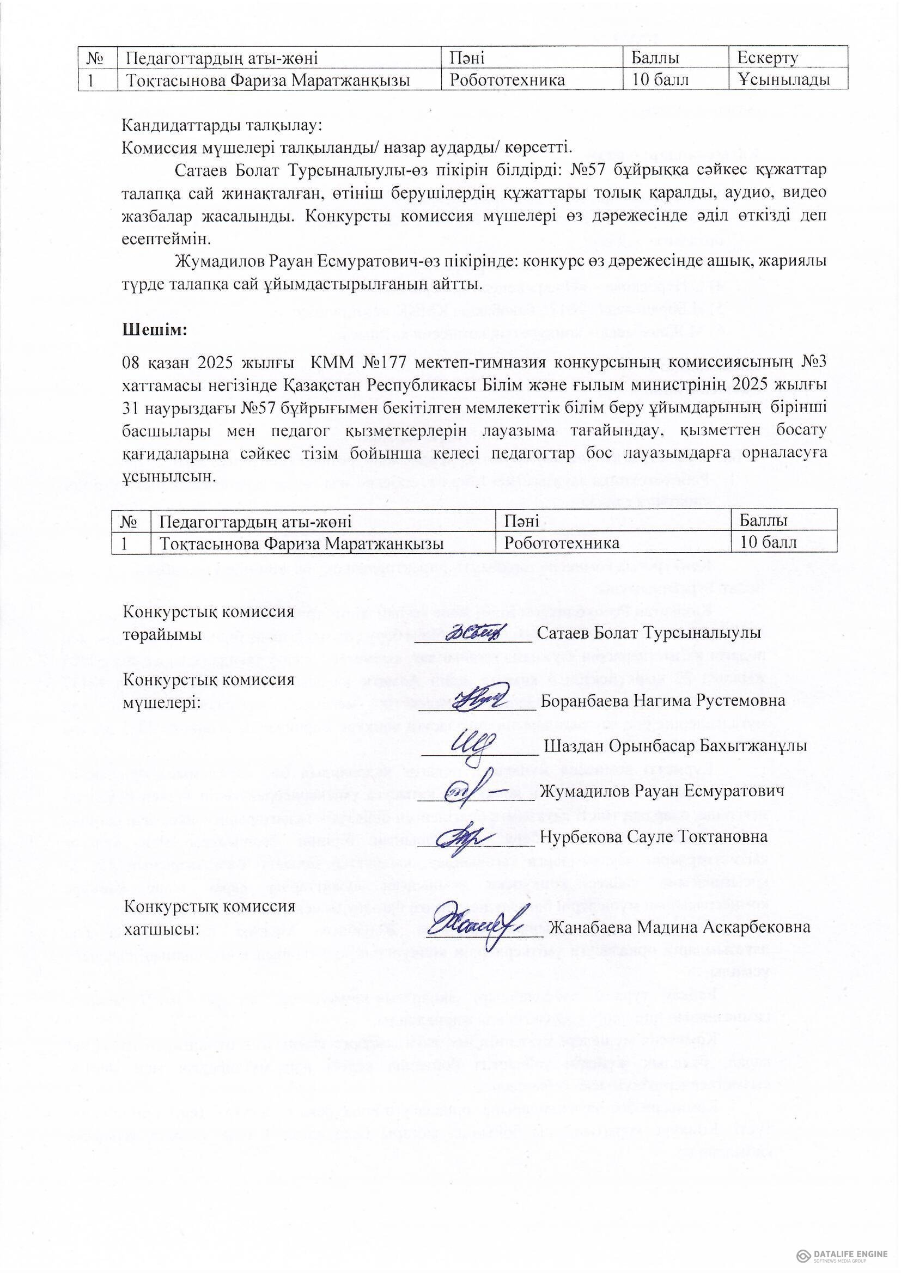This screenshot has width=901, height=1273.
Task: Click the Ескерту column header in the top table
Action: [x=768, y=57]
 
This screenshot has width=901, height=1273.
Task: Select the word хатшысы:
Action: [x=161, y=929]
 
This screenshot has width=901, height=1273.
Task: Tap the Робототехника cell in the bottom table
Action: [x=562, y=542]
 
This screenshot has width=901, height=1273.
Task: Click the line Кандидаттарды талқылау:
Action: [x=221, y=125]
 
